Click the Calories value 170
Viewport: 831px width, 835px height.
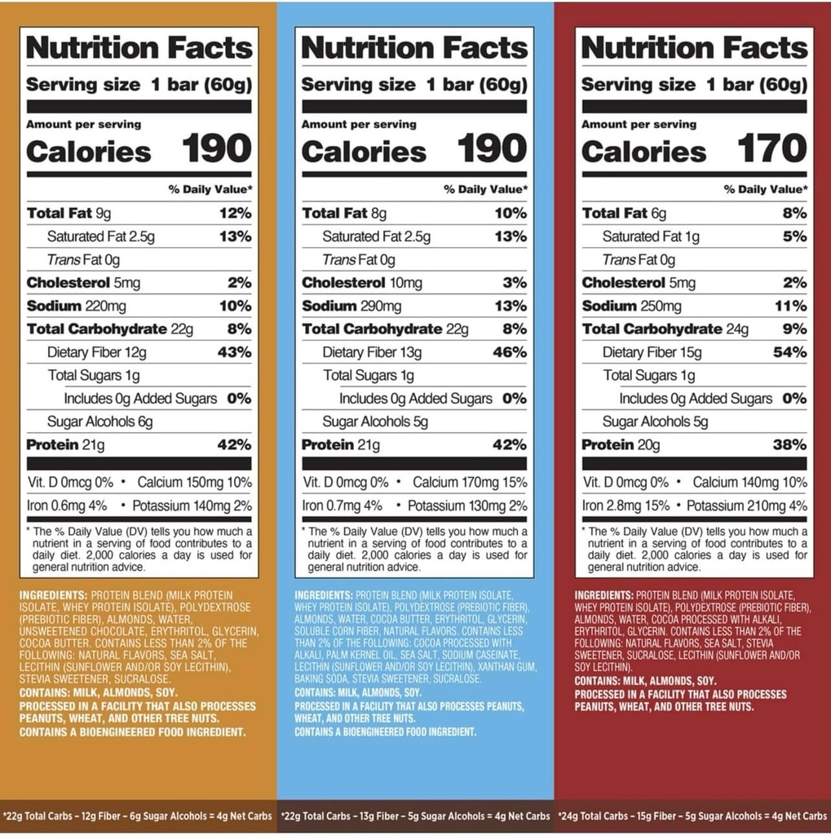point(771,149)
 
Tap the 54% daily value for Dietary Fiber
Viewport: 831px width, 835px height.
point(789,352)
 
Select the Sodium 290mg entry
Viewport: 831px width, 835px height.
point(351,306)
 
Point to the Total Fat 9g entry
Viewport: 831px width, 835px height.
point(69,213)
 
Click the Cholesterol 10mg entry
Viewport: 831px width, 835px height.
point(362,283)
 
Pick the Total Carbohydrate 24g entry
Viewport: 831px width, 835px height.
point(665,329)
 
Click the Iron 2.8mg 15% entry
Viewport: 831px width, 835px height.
point(625,506)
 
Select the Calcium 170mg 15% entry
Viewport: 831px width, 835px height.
point(470,482)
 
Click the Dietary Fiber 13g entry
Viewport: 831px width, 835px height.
point(372,352)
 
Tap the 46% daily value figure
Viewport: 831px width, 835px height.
point(510,352)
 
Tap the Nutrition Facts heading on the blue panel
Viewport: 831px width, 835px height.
point(414,47)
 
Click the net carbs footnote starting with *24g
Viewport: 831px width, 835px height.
point(692,815)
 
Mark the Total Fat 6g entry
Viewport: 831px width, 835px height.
point(624,213)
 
